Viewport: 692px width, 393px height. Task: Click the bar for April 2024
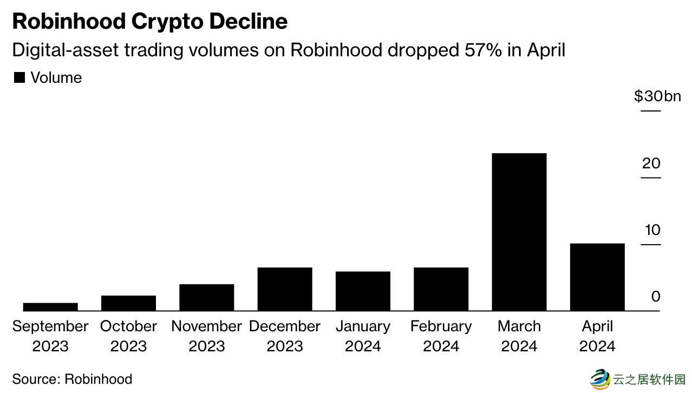pos(597,277)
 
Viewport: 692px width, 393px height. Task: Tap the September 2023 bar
pos(50,306)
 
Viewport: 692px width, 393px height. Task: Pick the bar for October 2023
pos(128,303)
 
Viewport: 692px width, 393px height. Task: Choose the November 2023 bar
pos(206,297)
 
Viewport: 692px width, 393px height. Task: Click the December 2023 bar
pos(285,289)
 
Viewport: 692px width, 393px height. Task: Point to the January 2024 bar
pos(363,291)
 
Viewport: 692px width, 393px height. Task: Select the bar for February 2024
pos(441,289)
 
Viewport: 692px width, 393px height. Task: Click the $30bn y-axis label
pos(657,96)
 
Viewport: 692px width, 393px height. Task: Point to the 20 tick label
pos(651,163)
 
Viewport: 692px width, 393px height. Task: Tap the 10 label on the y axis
pos(652,230)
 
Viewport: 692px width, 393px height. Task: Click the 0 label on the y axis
pos(655,297)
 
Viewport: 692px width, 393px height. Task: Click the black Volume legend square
pos(19,77)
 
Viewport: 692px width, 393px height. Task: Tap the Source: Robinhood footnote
pos(72,378)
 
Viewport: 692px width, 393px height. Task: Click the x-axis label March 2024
pos(519,336)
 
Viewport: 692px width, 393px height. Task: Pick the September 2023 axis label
pos(50,336)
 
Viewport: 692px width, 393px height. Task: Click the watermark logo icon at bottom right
pos(599,378)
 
